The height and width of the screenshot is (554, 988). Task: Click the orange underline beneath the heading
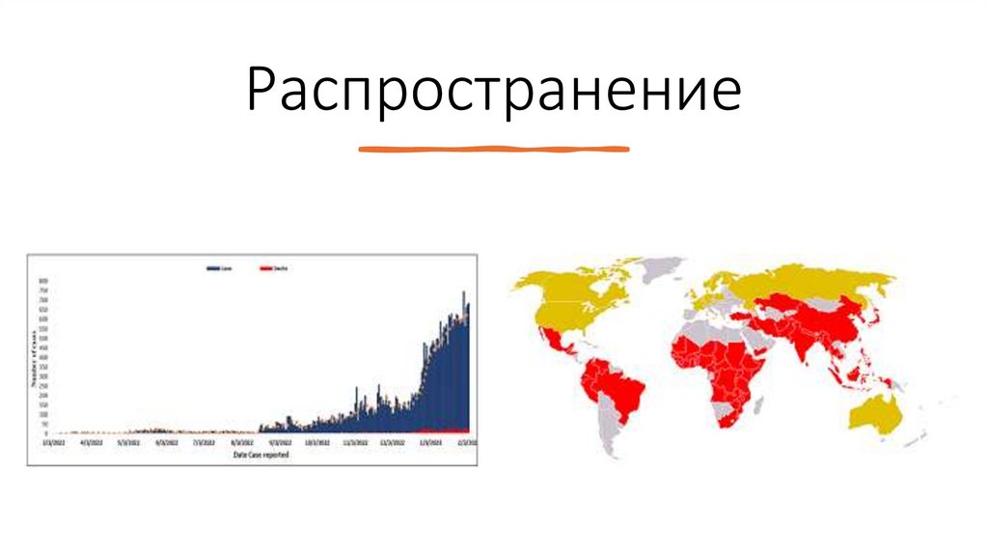click(493, 150)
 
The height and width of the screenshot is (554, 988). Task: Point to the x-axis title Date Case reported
click(261, 454)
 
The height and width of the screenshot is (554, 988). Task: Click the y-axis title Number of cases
click(34, 358)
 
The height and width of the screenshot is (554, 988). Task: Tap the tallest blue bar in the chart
click(463, 293)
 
